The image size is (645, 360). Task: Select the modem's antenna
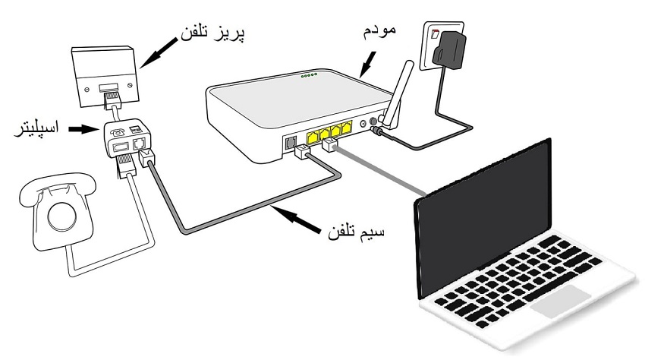[395, 99]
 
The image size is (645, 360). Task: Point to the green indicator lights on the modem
[310, 76]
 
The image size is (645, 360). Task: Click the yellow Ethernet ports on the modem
[329, 131]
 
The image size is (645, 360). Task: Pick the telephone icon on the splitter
[119, 131]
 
